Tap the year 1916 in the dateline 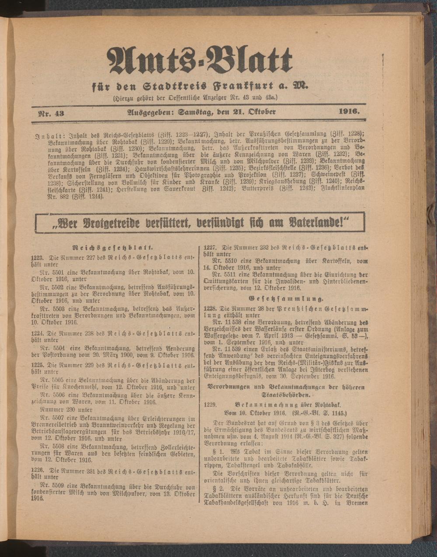(x=349, y=112)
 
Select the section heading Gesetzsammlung (x=286, y=299)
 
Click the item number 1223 (x=38, y=258)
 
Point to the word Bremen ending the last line (x=357, y=503)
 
